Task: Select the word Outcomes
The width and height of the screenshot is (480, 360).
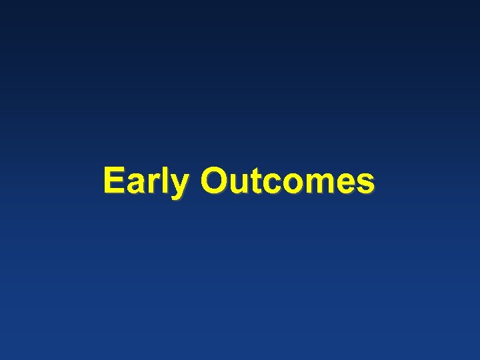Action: pos(287,181)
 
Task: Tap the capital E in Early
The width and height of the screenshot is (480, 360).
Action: pos(114,181)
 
